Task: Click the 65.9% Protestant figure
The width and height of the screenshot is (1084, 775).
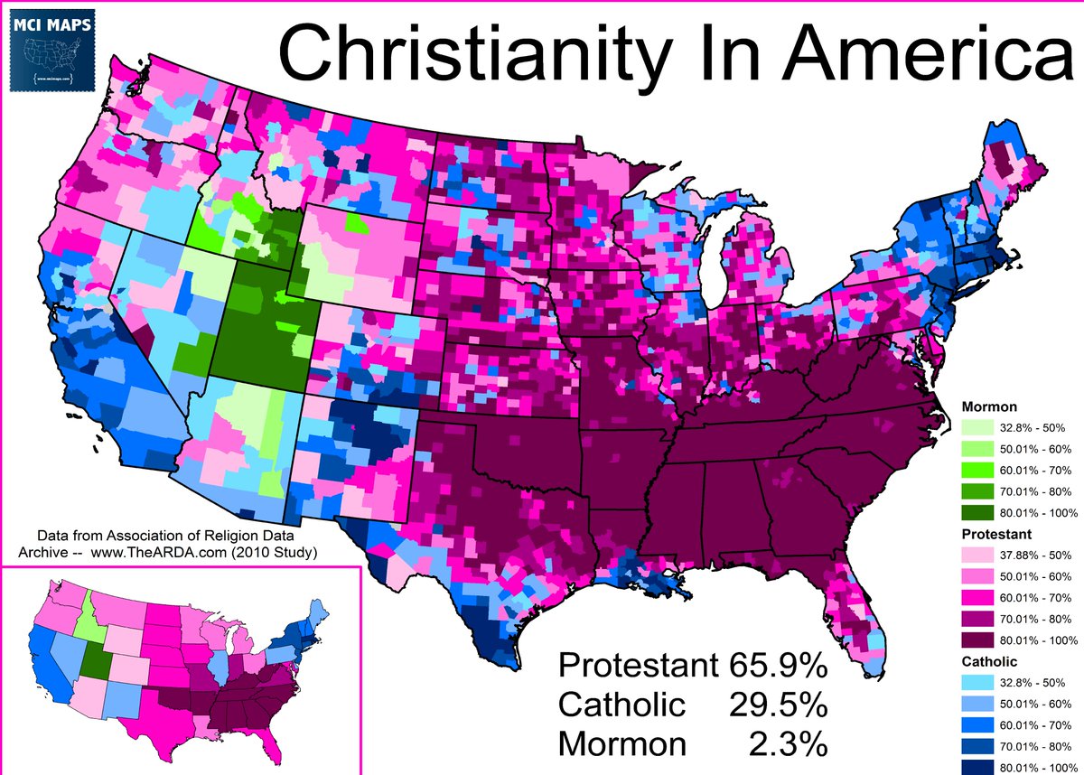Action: click(x=777, y=666)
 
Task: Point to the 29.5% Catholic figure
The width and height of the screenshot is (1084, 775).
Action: click(x=777, y=705)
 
